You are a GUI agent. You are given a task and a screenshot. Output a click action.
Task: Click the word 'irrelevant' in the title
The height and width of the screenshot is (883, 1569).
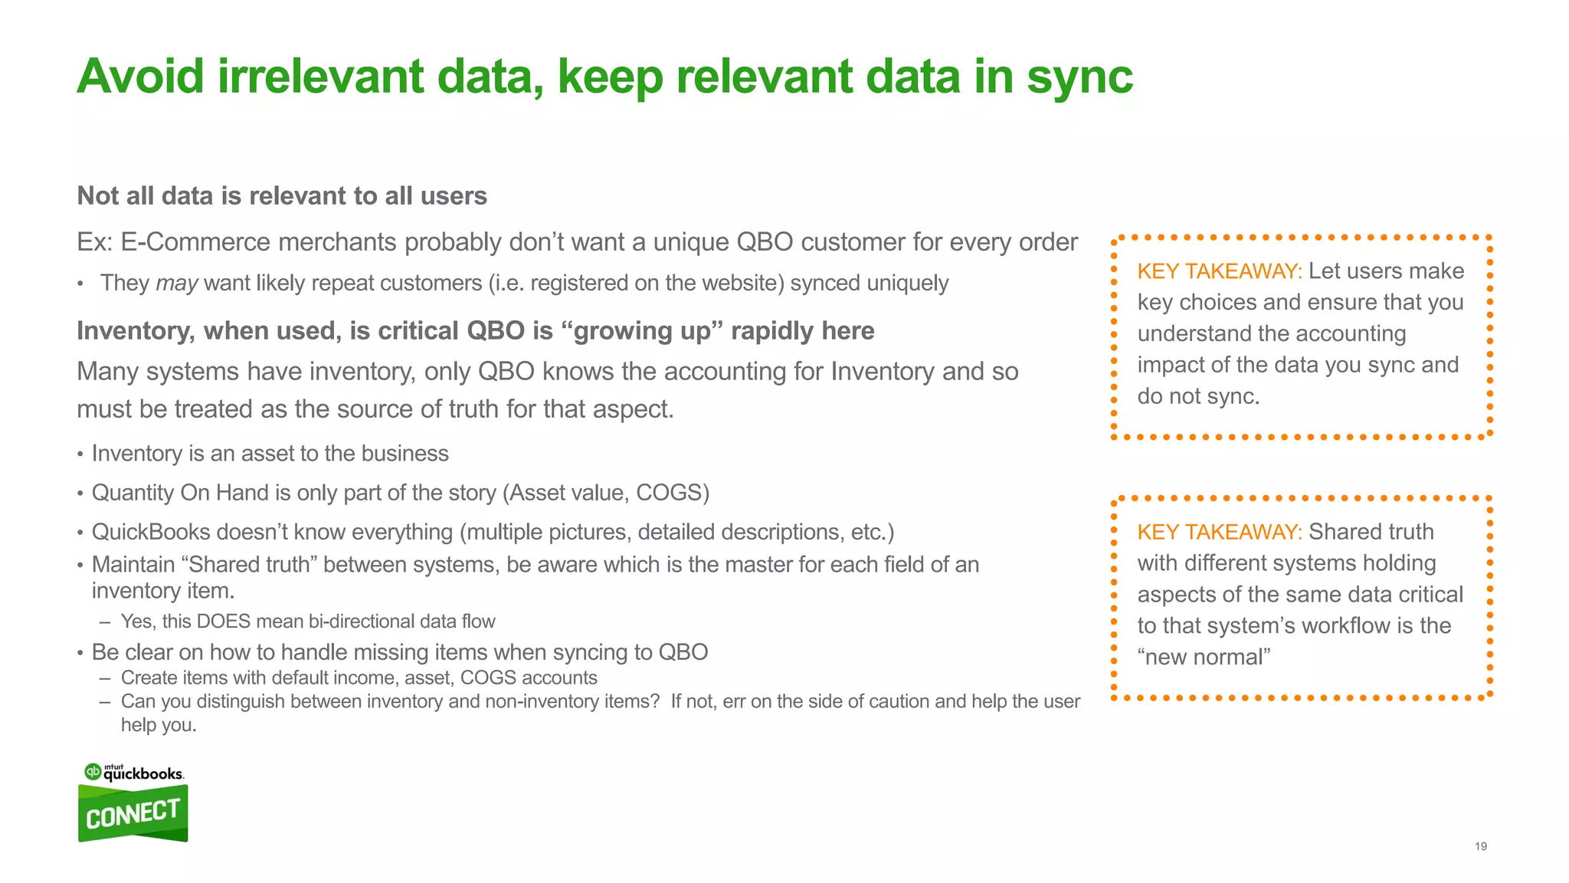click(320, 77)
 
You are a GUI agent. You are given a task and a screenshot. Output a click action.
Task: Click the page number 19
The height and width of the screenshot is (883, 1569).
click(1480, 846)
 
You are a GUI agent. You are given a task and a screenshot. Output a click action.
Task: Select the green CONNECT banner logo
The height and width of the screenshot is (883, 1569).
click(133, 814)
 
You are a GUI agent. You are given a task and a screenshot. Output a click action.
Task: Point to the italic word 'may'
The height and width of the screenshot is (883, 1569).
click(177, 284)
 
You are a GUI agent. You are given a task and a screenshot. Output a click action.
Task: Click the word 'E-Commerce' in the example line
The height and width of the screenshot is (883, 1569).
click(195, 242)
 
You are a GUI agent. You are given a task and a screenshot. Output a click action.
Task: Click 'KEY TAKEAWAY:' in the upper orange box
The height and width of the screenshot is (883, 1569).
click(1219, 271)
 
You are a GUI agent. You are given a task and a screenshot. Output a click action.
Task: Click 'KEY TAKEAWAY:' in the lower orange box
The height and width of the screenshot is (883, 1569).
click(1219, 532)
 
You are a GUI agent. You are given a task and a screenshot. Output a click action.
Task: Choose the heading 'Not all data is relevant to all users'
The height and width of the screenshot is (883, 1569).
click(282, 196)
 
